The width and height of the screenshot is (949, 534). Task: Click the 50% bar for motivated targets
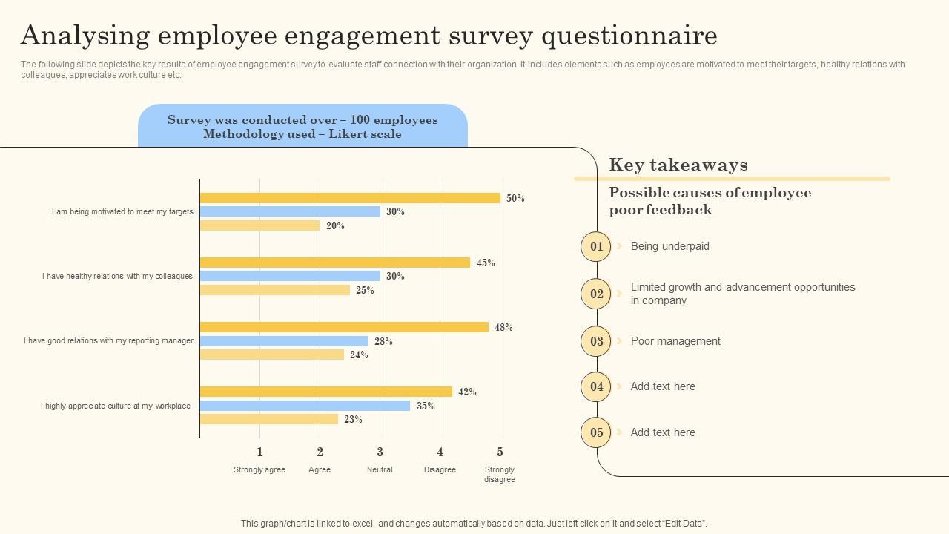pyautogui.click(x=350, y=198)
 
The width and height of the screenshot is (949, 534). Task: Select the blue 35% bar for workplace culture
pyautogui.click(x=305, y=406)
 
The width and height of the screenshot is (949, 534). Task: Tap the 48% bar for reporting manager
pyautogui.click(x=344, y=327)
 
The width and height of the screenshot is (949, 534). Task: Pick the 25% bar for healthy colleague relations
pyautogui.click(x=275, y=290)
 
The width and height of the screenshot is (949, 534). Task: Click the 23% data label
pyautogui.click(x=353, y=420)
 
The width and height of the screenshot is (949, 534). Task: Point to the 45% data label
pyautogui.click(x=486, y=263)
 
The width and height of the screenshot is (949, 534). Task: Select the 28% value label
pyautogui.click(x=383, y=342)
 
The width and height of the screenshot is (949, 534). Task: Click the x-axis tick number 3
pyautogui.click(x=380, y=452)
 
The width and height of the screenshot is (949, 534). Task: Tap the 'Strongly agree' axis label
pyautogui.click(x=259, y=469)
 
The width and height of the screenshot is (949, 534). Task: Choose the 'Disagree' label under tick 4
pyautogui.click(x=440, y=469)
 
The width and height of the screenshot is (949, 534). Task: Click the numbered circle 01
pyautogui.click(x=596, y=246)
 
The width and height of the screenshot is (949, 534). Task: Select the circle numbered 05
pyautogui.click(x=596, y=432)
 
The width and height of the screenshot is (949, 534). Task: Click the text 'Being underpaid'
pyautogui.click(x=669, y=246)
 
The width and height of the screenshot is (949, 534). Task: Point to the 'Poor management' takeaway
pyautogui.click(x=675, y=341)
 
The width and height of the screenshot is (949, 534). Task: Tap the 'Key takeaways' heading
pyautogui.click(x=678, y=165)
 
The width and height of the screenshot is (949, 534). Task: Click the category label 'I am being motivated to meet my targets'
pyautogui.click(x=122, y=211)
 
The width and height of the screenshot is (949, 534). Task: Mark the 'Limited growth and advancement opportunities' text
pyautogui.click(x=743, y=287)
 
